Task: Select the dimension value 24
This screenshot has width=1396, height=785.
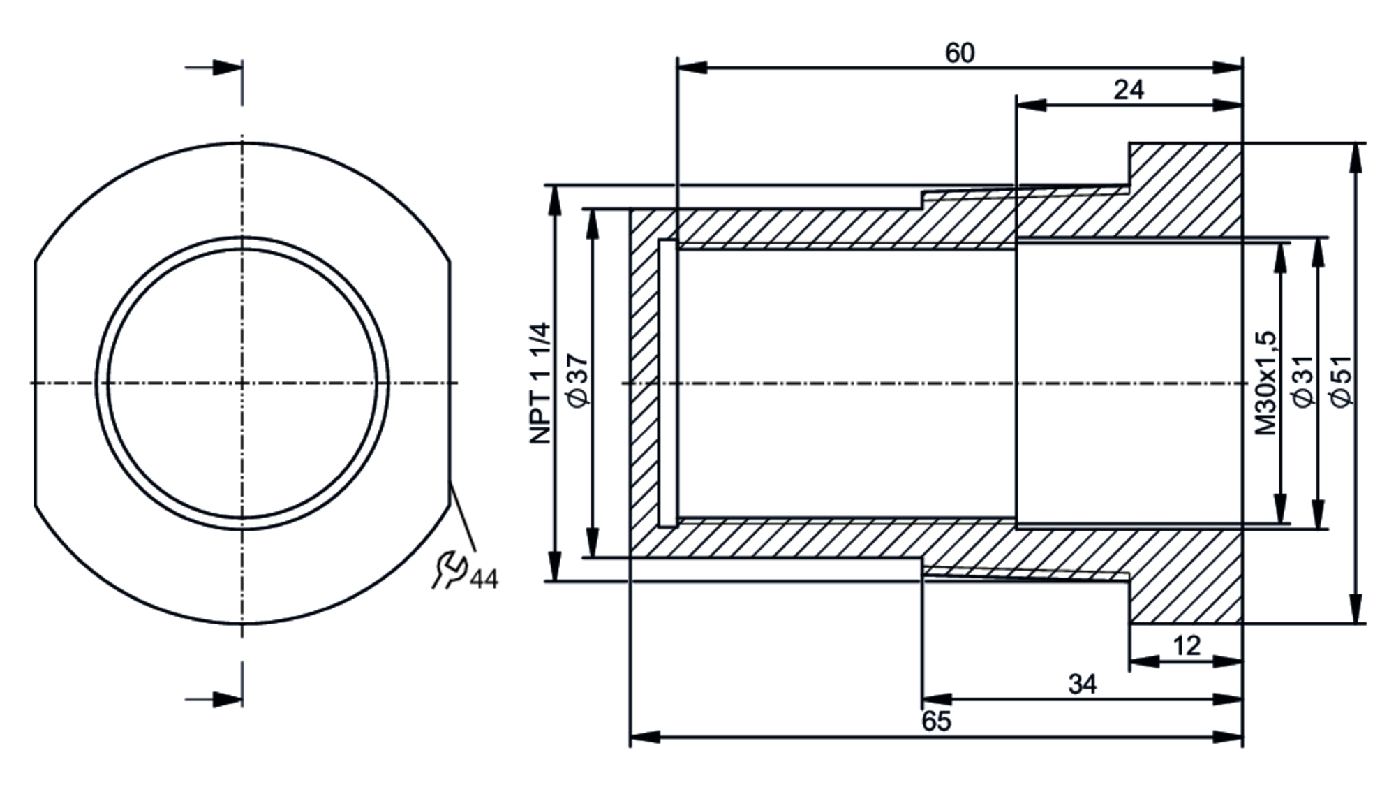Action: (1129, 90)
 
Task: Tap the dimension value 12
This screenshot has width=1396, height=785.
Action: (1187, 646)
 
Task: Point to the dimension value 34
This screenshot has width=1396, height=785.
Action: (1082, 684)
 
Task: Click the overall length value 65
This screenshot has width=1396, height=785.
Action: (936, 721)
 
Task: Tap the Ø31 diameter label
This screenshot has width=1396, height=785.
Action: (1303, 381)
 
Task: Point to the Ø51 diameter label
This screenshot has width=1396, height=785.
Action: (1342, 381)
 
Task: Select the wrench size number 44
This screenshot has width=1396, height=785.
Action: (484, 579)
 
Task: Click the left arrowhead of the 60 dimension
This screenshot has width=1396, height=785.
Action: (691, 68)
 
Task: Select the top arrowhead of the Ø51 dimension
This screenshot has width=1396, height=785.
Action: (1356, 157)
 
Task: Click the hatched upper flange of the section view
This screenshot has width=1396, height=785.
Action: (1187, 189)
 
